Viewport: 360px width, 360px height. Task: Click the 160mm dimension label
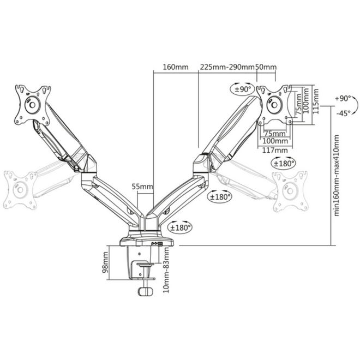176,67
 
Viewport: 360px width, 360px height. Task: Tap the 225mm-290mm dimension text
227,67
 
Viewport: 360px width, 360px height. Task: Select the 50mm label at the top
266,67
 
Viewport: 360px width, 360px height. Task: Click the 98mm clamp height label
105,263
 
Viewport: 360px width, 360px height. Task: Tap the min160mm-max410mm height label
337,176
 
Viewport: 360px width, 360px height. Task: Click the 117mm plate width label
275,151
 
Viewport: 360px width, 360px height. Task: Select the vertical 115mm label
316,101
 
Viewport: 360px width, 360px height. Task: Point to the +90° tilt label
343,99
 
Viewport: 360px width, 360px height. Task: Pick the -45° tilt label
344,113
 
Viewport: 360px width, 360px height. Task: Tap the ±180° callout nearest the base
181,227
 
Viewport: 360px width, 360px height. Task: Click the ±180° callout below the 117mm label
283,163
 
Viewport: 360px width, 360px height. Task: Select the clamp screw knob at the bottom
145,291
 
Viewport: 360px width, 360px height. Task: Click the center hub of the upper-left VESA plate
32,105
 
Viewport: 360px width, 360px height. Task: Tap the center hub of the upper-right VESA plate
274,105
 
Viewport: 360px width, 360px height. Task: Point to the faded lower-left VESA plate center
20,190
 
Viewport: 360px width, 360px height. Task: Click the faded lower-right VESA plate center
290,191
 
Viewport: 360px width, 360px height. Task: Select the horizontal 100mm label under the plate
275,141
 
